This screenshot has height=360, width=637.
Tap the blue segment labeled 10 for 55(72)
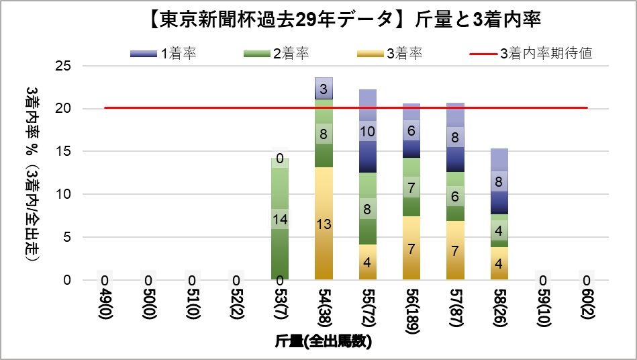click(369, 131)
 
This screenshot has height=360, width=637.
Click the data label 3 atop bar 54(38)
click(324, 89)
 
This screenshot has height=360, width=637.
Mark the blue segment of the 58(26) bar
click(500, 181)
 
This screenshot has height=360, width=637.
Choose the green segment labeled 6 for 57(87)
click(456, 197)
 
